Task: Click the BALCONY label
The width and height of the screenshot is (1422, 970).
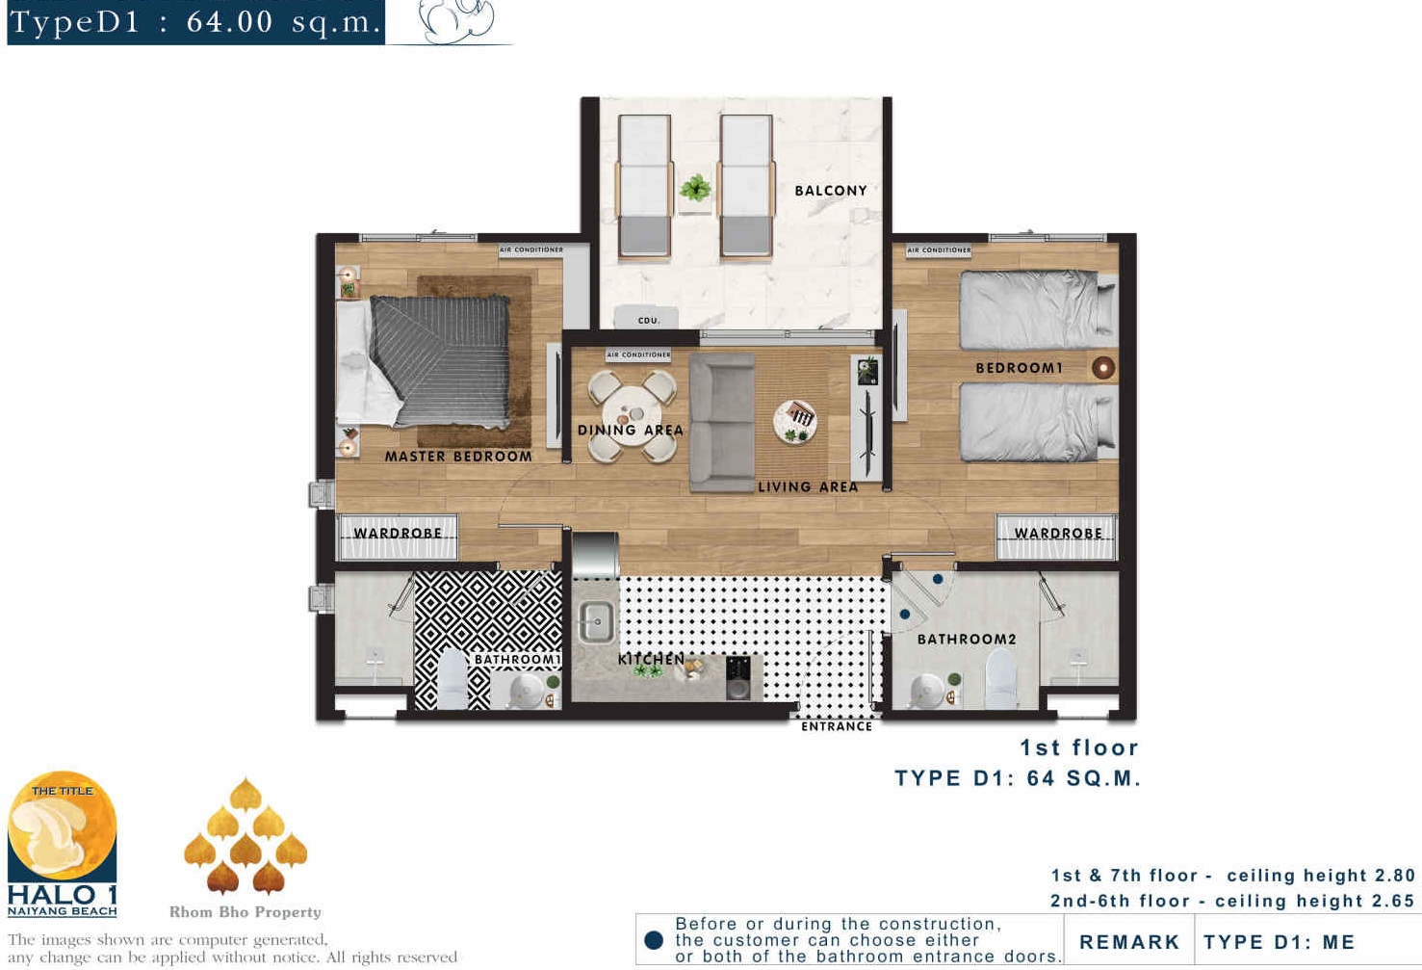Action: coord(830,191)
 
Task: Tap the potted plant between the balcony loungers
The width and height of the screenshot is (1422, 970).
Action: coord(695,189)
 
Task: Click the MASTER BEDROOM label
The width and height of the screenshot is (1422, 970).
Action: coord(458,456)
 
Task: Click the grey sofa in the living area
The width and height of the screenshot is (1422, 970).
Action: coord(722,423)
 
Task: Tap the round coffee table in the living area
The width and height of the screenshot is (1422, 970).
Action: coord(795,421)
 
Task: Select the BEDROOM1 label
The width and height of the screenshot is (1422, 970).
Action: coord(1019,368)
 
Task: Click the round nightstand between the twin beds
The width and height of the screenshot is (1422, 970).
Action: coord(1103,367)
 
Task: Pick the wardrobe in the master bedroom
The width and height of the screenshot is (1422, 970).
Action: coord(397,537)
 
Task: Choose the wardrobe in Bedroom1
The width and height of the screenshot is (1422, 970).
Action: coord(1057,537)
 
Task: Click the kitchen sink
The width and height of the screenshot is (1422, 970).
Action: coord(595,622)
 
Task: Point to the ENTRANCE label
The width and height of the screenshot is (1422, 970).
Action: coord(837,726)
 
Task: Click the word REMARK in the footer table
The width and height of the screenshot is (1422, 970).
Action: coord(1129,942)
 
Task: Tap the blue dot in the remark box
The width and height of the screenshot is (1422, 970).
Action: coord(654,940)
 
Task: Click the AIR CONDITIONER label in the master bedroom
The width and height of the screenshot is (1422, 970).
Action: coord(531,250)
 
